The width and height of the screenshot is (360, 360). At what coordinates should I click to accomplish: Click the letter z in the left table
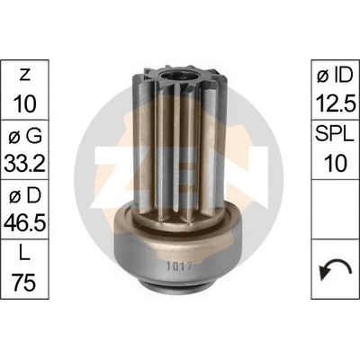(24, 76)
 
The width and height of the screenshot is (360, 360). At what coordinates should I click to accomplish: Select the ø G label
(25, 137)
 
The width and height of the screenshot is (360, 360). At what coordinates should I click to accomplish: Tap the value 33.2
(24, 164)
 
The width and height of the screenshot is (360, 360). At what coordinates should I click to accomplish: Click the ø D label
(25, 196)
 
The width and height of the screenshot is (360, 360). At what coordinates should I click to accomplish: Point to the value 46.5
(24, 223)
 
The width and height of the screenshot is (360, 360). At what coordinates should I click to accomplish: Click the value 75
(24, 283)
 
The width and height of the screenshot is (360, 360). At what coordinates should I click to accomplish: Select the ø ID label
(335, 75)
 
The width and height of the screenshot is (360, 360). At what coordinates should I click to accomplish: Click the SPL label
(335, 135)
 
